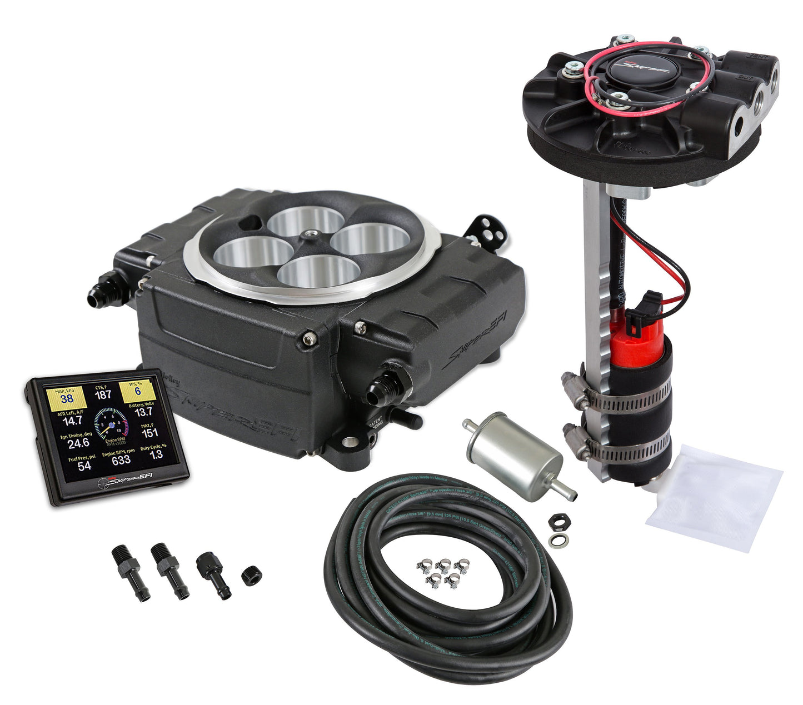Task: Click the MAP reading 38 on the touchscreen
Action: pyautogui.click(x=67, y=398)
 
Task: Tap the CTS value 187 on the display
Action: pyautogui.click(x=103, y=395)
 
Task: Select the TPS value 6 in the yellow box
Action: pyautogui.click(x=137, y=391)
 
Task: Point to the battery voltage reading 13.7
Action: pyautogui.click(x=143, y=412)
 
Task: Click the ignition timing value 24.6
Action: pyautogui.click(x=78, y=443)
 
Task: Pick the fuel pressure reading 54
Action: pyautogui.click(x=84, y=466)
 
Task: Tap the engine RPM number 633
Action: pyautogui.click(x=121, y=460)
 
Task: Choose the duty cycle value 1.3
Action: pyautogui.click(x=156, y=454)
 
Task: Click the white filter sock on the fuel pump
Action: pyautogui.click(x=717, y=494)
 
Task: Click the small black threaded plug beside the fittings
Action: pyautogui.click(x=251, y=575)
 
